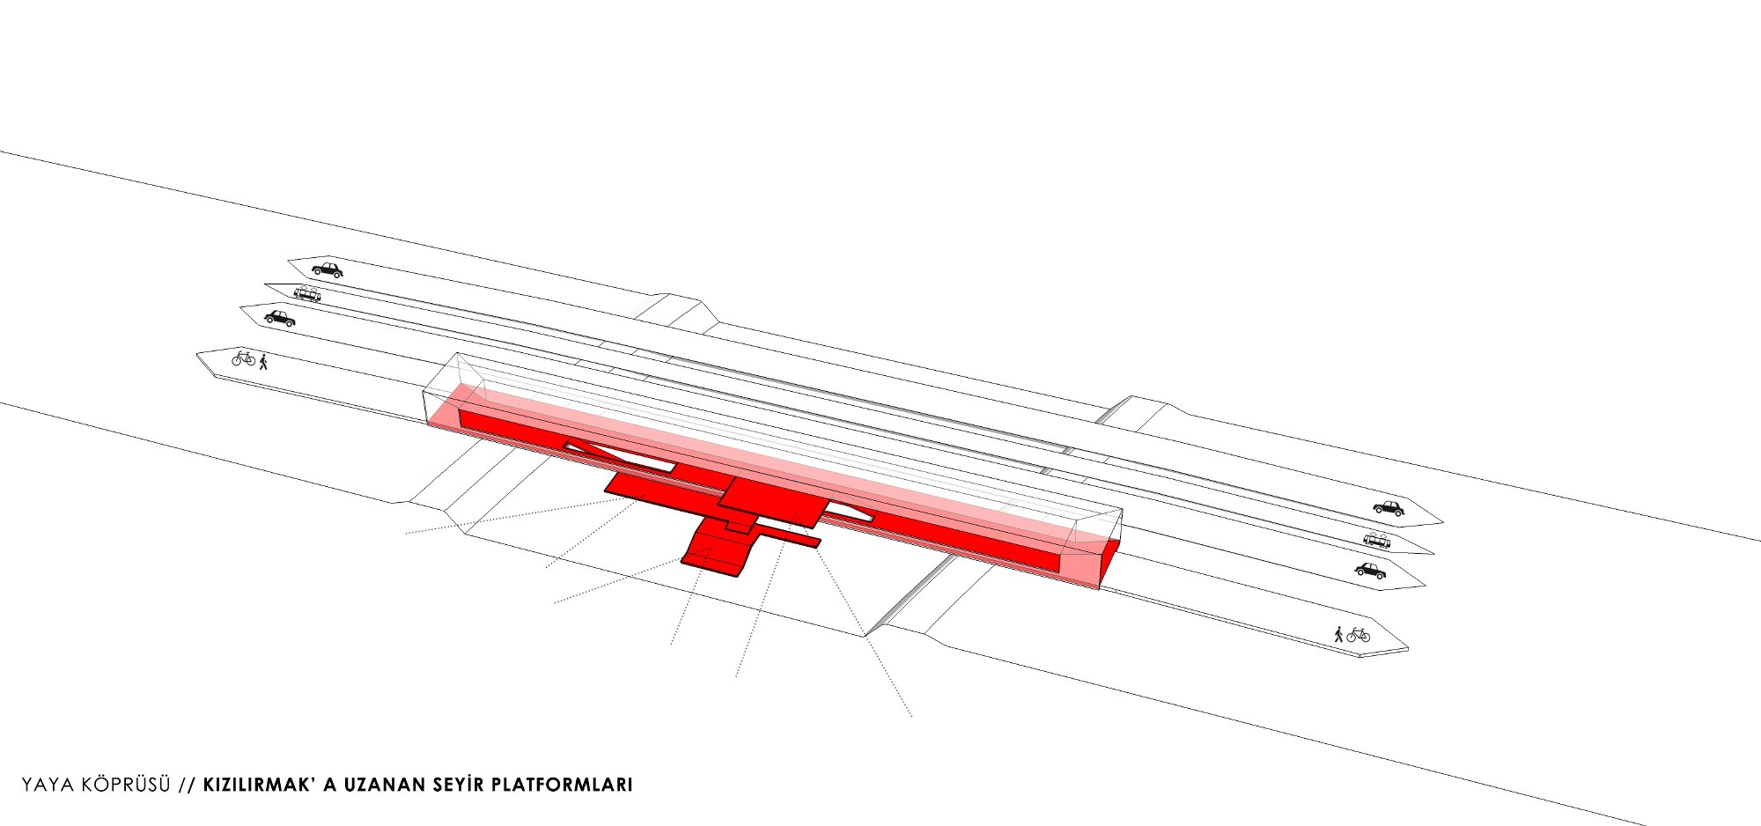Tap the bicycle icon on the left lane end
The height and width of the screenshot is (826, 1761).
[x=243, y=358]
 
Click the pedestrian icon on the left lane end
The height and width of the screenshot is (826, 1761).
[x=262, y=361]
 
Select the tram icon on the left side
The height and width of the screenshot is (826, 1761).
[x=306, y=293]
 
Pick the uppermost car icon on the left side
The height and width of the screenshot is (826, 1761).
[x=327, y=269]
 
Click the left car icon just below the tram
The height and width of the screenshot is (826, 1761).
[x=280, y=318]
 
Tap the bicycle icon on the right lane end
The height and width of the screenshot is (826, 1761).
[x=1359, y=634]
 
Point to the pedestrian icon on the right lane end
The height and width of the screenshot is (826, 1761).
[x=1338, y=633]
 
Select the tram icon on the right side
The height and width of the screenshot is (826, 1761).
[x=1377, y=540]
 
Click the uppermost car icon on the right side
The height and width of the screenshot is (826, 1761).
[x=1389, y=508]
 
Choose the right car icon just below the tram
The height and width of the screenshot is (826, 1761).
[x=1370, y=571]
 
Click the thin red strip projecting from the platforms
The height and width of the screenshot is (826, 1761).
[x=785, y=536]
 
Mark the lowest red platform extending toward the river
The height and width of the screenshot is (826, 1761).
[x=717, y=548]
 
